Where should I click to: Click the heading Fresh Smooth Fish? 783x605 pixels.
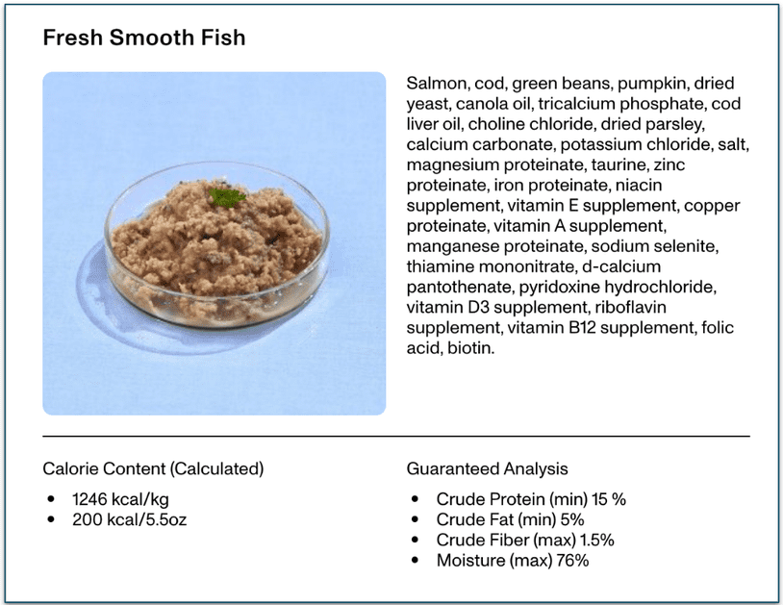pyautogui.click(x=144, y=38)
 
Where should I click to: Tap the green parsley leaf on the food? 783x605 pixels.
pyautogui.click(x=228, y=197)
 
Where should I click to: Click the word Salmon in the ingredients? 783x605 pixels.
pyautogui.click(x=436, y=83)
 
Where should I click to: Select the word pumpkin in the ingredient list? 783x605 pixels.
pyautogui.click(x=656, y=83)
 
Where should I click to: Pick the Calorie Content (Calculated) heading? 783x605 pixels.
pyautogui.click(x=153, y=469)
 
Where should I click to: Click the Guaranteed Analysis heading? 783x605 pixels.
pyautogui.click(x=487, y=469)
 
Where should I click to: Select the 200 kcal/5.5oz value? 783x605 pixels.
pyautogui.click(x=132, y=519)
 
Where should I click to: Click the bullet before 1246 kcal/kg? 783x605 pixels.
pyautogui.click(x=50, y=499)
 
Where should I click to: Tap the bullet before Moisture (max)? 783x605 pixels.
pyautogui.click(x=415, y=560)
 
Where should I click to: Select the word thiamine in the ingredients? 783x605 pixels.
pyautogui.click(x=442, y=265)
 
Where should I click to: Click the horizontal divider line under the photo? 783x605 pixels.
pyautogui.click(x=395, y=437)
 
